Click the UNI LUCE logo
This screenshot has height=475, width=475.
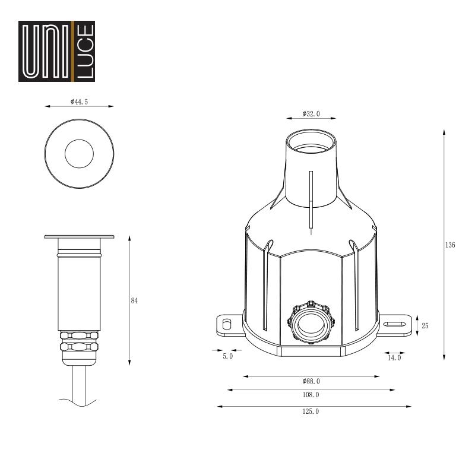point(56,51)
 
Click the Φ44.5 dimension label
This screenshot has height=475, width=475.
point(80,102)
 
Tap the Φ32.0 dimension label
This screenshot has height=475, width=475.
point(311,114)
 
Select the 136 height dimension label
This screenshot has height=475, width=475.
point(450,245)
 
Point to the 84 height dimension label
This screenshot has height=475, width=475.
point(134,301)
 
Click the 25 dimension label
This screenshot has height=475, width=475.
point(425,325)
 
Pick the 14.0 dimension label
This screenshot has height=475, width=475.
point(394,358)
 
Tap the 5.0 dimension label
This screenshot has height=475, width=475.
point(228,356)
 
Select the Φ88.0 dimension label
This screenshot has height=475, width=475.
point(311,381)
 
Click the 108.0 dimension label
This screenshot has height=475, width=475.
point(311,395)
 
